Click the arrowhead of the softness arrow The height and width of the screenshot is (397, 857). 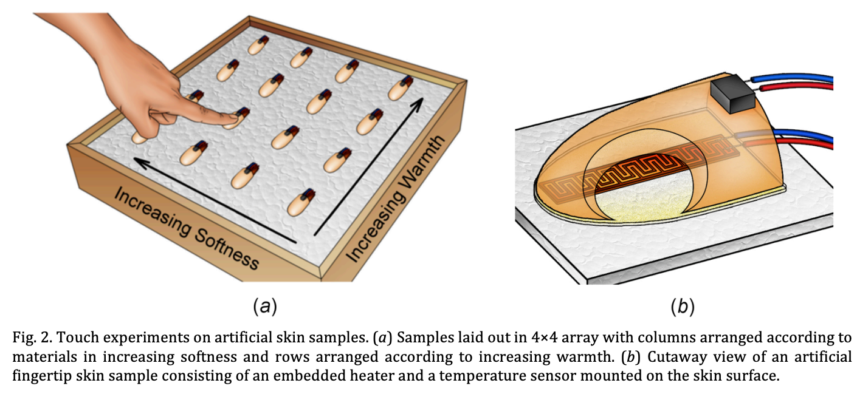(139, 162)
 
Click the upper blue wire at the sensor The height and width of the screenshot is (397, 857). (790, 79)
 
